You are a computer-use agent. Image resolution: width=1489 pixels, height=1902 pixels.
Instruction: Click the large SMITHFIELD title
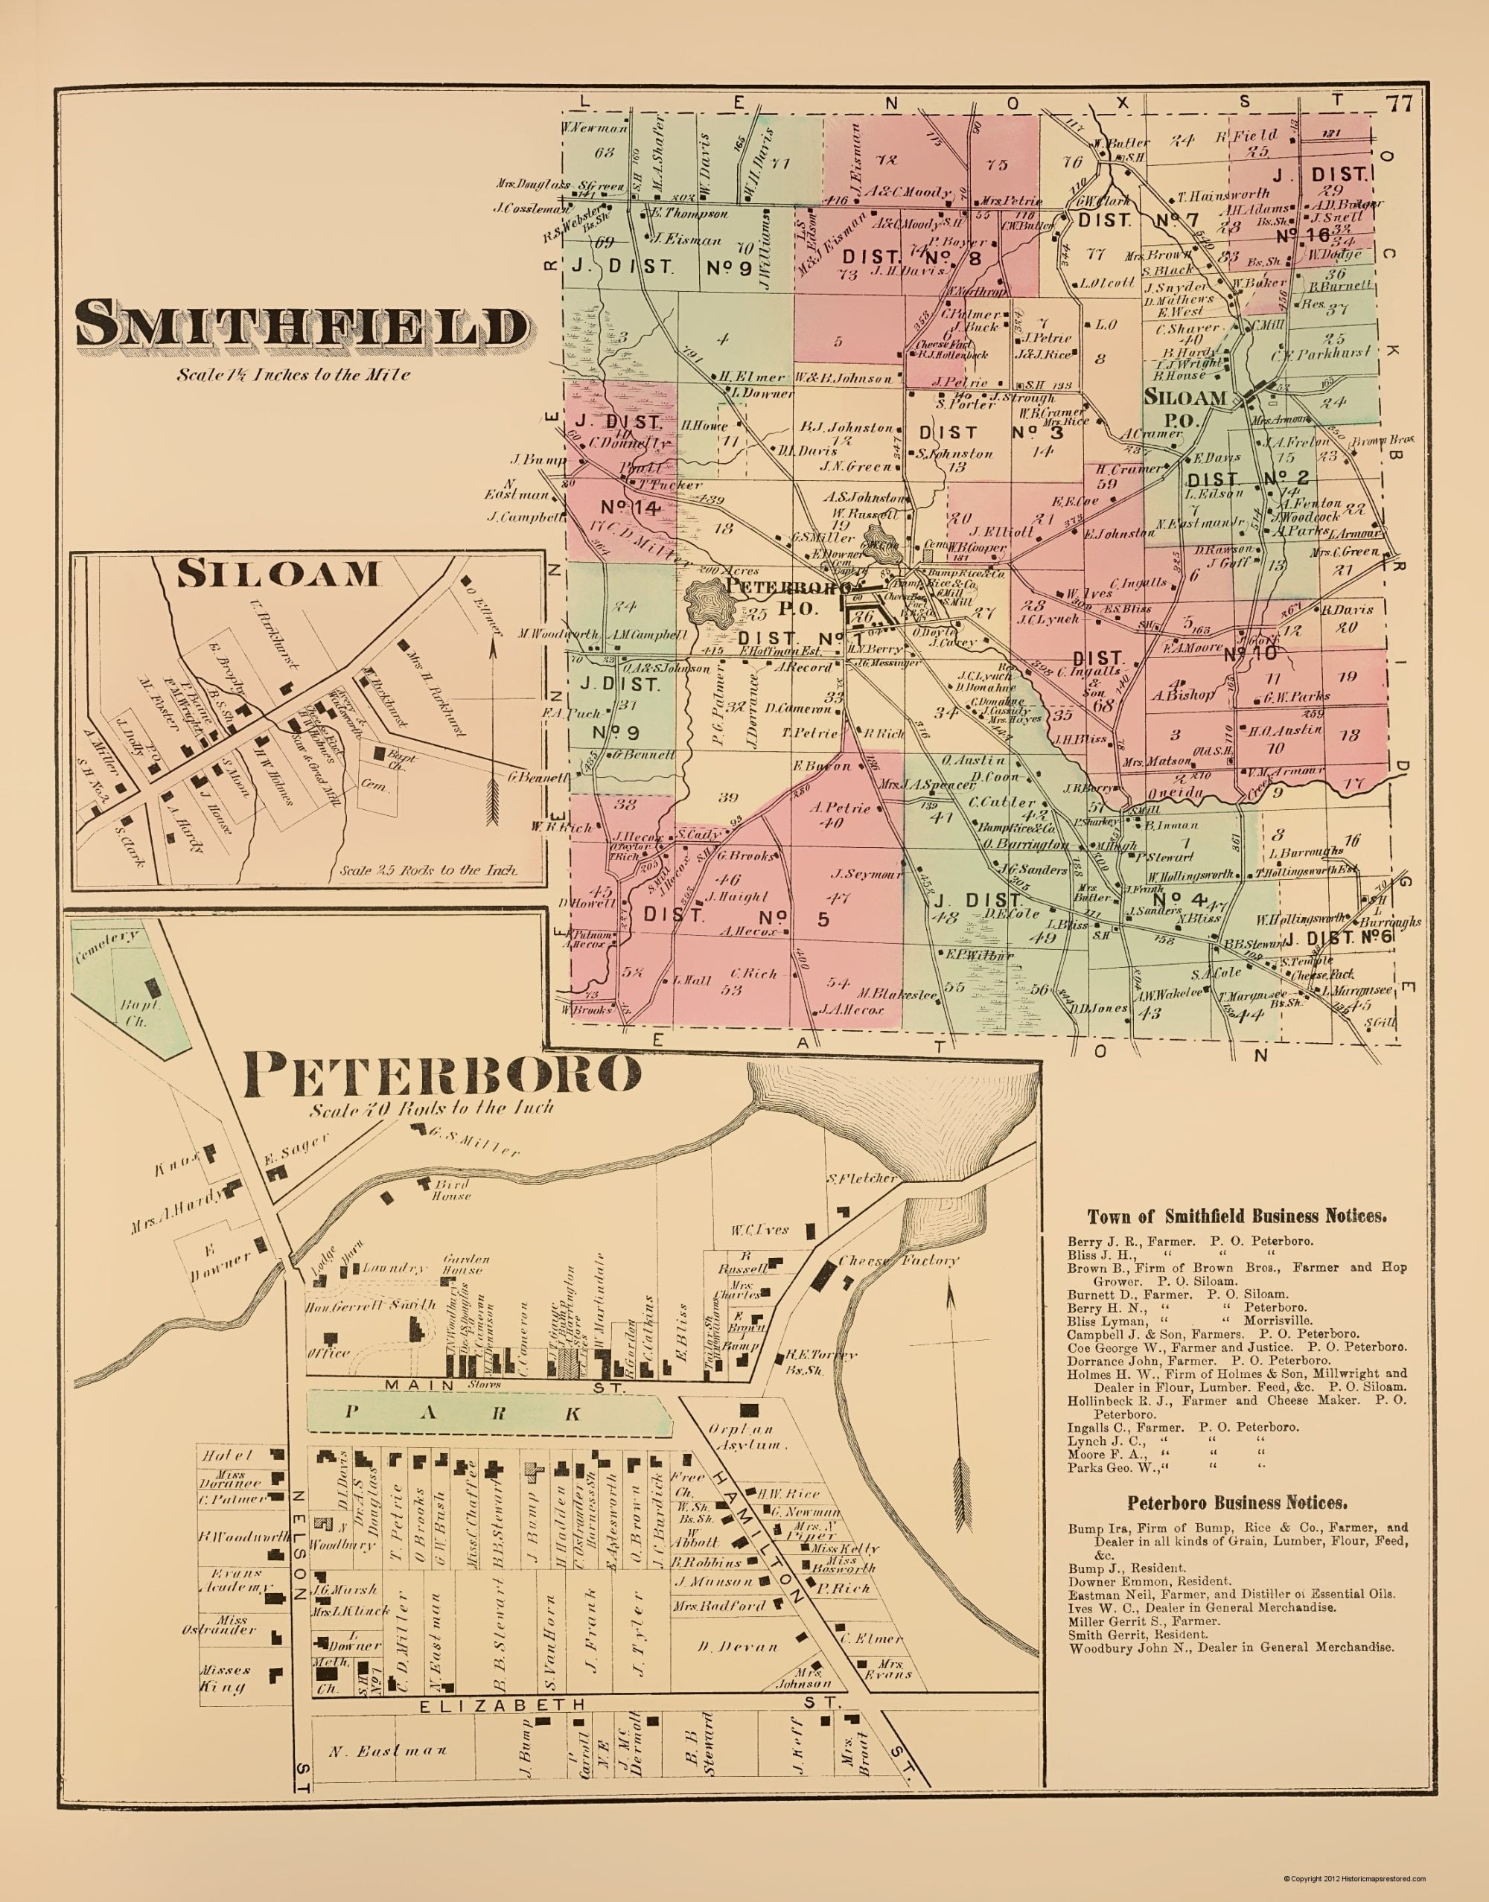click(302, 327)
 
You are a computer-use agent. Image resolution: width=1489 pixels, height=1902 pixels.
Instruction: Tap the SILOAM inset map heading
click(278, 572)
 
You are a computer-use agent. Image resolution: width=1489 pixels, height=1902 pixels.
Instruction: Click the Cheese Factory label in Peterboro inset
click(898, 1260)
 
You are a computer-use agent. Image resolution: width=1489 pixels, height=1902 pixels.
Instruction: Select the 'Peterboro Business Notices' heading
click(1237, 1503)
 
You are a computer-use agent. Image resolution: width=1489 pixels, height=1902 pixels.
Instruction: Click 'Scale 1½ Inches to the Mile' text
click(293, 376)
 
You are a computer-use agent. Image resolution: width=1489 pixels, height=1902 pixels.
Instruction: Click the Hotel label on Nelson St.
click(228, 1455)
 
